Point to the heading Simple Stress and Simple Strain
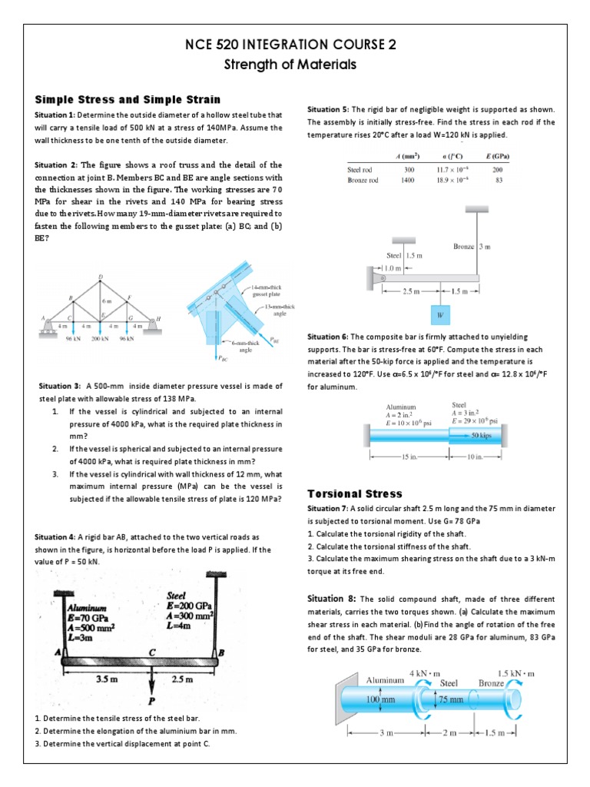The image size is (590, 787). tap(128, 100)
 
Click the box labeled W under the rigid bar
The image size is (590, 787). tap(439, 314)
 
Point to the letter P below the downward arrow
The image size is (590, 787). tap(152, 700)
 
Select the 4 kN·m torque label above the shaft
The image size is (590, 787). tap(424, 672)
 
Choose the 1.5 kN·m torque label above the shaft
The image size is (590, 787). tap(515, 673)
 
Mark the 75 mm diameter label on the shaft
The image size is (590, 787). tap(452, 699)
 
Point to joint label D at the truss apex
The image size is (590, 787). tap(100, 277)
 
